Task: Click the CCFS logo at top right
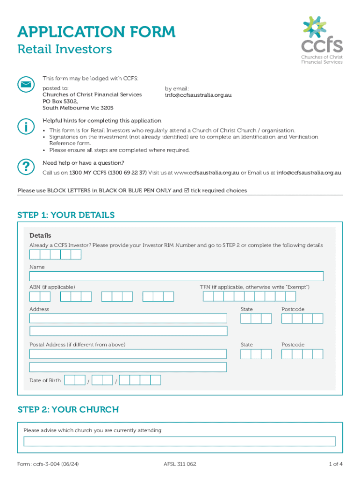tap(322, 40)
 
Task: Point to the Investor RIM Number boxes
tap(55, 254)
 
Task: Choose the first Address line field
tap(128, 319)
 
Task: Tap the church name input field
tap(180, 442)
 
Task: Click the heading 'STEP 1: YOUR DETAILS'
tap(66, 215)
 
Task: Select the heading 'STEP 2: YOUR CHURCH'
tap(68, 410)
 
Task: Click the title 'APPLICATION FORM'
tap(96, 32)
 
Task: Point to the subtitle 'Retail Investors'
tap(65, 49)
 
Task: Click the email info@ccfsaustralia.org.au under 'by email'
tap(198, 95)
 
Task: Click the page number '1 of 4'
tap(335, 464)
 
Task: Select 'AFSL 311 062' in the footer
tap(180, 464)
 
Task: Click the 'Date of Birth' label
tap(45, 380)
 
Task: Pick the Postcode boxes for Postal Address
tap(302, 354)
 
